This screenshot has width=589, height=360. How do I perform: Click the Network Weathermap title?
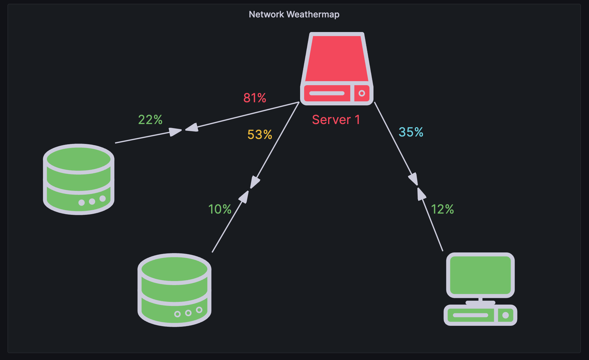point(294,14)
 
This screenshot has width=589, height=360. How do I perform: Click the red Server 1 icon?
point(337,69)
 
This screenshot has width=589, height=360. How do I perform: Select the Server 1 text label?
point(336,120)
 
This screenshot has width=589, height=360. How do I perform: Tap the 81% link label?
point(255,98)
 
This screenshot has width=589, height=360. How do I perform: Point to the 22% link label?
point(150,120)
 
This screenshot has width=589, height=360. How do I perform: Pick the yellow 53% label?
point(260,135)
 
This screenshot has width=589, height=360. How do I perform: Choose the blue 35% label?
point(411,132)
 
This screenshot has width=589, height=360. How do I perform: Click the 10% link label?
point(220,209)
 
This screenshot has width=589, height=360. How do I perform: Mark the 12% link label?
point(442,209)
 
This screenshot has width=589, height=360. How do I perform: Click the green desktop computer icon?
point(480,289)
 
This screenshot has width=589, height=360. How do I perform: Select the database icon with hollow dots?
point(174,290)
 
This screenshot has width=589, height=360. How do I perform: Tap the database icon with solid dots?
point(79,179)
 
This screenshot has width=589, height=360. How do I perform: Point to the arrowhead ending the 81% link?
point(192,127)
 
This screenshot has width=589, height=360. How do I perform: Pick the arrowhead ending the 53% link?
point(255,182)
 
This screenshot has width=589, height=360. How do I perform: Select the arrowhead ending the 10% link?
point(244,196)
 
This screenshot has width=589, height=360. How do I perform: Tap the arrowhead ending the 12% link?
point(421,194)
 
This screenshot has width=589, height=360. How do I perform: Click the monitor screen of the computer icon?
point(480,275)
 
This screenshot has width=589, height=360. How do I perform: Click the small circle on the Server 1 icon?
point(361,93)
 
